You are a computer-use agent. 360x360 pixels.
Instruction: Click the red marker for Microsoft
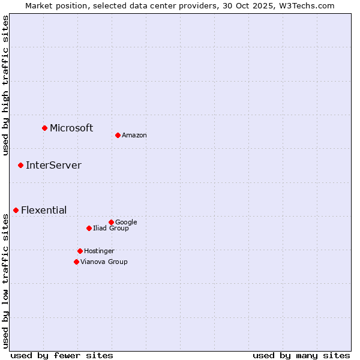pos(44,128)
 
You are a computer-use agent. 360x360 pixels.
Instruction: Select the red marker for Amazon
pos(118,135)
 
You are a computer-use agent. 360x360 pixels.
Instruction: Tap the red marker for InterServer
pos(20,165)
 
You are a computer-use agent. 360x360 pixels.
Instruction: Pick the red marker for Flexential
pos(16,210)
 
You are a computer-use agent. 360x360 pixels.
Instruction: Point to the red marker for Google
pos(111,222)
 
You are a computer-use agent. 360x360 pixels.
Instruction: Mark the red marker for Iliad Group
pos(89,228)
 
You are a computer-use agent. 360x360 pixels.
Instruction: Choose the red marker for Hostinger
pos(80,251)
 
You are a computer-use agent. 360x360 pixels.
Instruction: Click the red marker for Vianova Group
pos(76,262)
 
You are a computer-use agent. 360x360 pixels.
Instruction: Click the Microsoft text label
pos(71,128)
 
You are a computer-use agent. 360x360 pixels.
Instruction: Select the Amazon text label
pos(134,136)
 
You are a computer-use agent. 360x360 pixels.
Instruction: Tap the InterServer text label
pos(53,165)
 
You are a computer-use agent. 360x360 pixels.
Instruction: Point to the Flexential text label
pos(44,210)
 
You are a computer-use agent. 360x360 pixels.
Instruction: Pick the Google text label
pos(126,223)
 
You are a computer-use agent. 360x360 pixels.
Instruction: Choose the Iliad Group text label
pos(111,229)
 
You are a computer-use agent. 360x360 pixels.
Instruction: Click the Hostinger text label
pos(99,251)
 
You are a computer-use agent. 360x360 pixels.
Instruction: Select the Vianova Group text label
pos(104,262)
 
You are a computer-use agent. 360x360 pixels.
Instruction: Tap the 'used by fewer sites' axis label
pos(62,355)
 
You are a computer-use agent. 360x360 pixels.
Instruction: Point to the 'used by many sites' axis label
pos(301,355)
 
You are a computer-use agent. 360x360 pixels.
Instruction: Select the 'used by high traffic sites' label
pos(5,85)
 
